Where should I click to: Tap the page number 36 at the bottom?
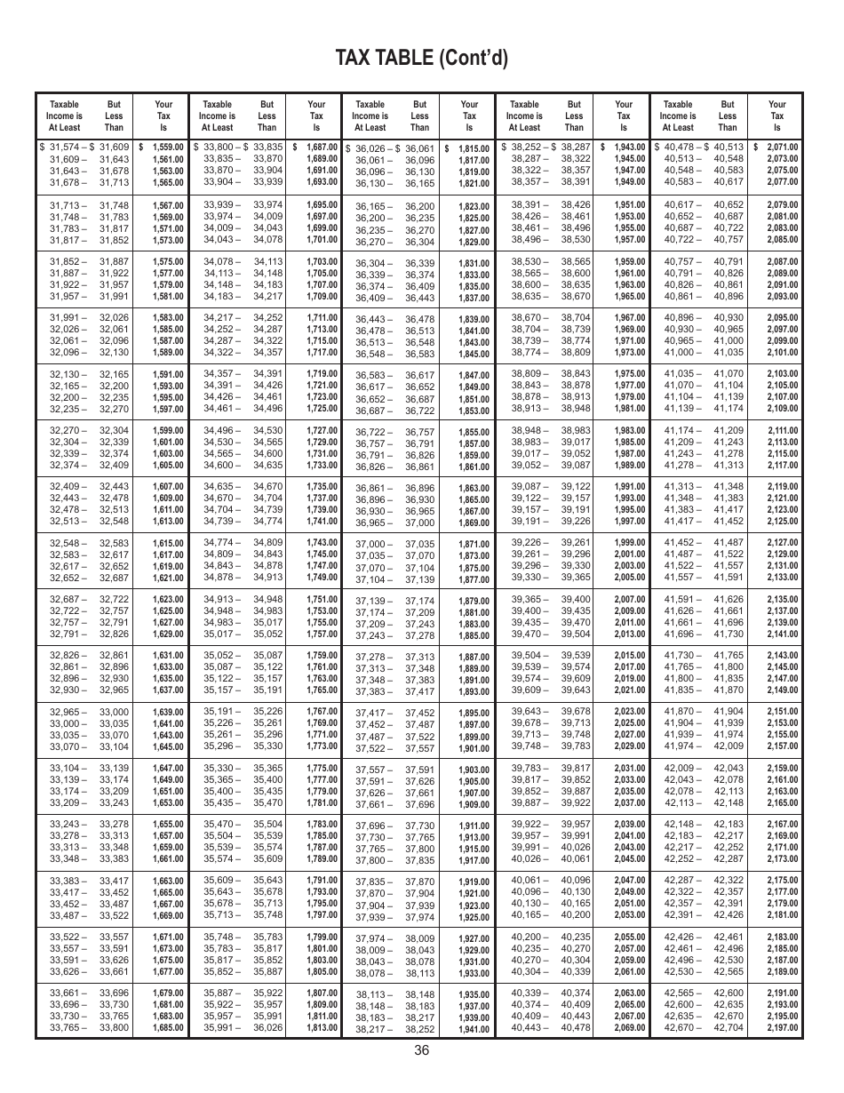pyautogui.click(x=421, y=1050)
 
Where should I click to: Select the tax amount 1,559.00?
pyautogui.click(x=168, y=148)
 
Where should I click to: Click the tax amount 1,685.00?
pyautogui.click(x=168, y=1028)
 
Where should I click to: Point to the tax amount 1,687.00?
pyautogui.click(x=322, y=148)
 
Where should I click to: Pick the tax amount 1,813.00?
pyautogui.click(x=322, y=1028)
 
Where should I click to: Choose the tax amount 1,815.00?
pyautogui.click(x=474, y=149)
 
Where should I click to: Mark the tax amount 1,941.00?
pyautogui.click(x=474, y=1030)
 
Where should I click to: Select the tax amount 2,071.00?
pyautogui.click(x=782, y=148)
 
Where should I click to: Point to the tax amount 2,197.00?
pyautogui.click(x=782, y=1028)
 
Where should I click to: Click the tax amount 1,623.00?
pyautogui.click(x=168, y=600)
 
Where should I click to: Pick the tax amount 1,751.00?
pyautogui.click(x=322, y=600)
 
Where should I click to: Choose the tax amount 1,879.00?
pyautogui.click(x=474, y=602)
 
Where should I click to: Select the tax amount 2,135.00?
pyautogui.click(x=782, y=600)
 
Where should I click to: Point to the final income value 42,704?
pyautogui.click(x=728, y=1028)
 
